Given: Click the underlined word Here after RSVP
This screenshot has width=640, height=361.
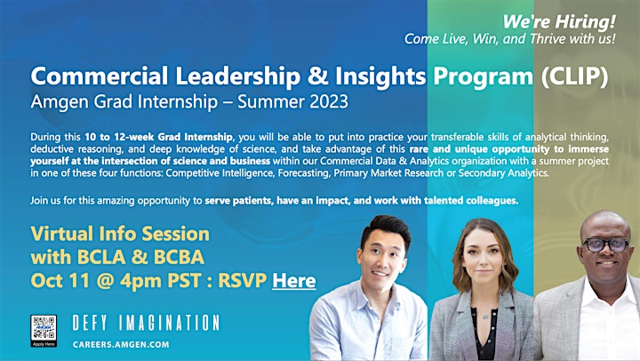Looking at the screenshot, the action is tap(294, 281).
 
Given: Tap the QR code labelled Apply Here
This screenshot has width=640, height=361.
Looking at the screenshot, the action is tap(44, 329).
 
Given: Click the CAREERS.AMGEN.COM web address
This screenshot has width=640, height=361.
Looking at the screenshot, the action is tap(121, 344).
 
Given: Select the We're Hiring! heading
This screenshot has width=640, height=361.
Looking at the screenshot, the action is tap(559, 21).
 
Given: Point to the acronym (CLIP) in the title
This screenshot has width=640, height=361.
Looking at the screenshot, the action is tap(575, 76).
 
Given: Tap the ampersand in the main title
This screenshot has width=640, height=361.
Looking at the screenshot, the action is tap(317, 76).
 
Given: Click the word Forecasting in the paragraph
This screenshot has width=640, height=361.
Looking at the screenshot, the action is tap(303, 173).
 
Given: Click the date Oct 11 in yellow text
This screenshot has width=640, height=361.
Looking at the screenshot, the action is tap(60, 281).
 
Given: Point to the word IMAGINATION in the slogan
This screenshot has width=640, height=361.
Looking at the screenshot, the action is tap(170, 323).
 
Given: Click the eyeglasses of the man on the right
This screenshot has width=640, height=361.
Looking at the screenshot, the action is tap(605, 245).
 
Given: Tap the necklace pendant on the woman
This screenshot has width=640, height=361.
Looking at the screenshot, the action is tap(484, 317).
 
